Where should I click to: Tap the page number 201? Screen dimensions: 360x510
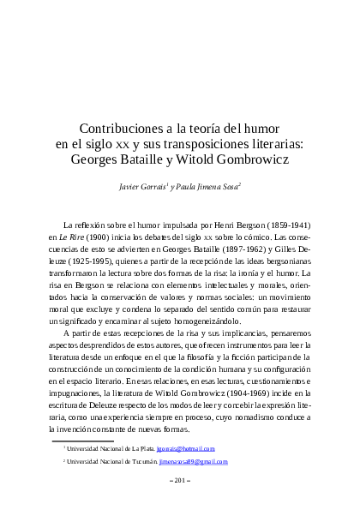(180, 480)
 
